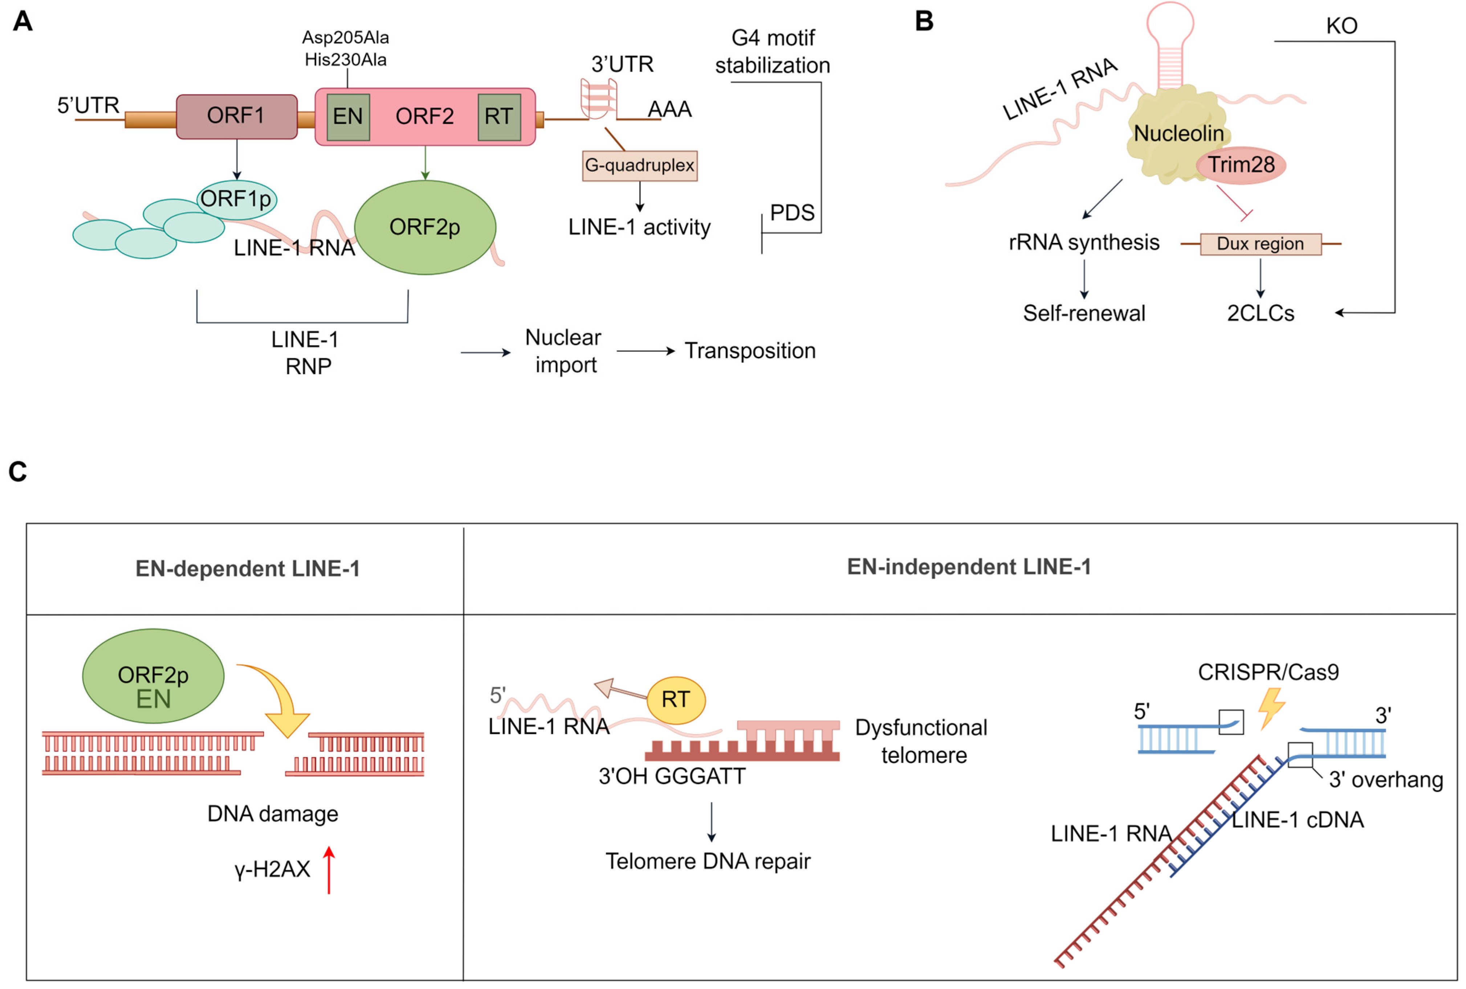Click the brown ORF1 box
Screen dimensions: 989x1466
[x=237, y=117]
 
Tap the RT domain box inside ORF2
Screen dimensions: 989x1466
[x=499, y=117]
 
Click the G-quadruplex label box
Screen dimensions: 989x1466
[x=640, y=165]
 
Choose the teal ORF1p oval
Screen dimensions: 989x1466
[x=237, y=199]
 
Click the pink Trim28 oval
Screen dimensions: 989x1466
[x=1241, y=165]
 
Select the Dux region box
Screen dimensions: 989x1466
[x=1261, y=244]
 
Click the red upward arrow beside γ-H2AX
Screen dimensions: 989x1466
[x=329, y=870]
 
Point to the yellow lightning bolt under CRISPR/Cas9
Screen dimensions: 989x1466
[x=1271, y=708]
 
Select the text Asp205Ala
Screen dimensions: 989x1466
[x=346, y=38]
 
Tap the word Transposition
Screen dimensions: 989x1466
[x=750, y=351]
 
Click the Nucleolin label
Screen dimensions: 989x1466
[x=1178, y=134]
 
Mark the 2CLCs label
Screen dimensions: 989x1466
[x=1261, y=314]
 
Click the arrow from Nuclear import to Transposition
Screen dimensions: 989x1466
[x=645, y=351]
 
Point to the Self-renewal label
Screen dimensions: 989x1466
[x=1084, y=314]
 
